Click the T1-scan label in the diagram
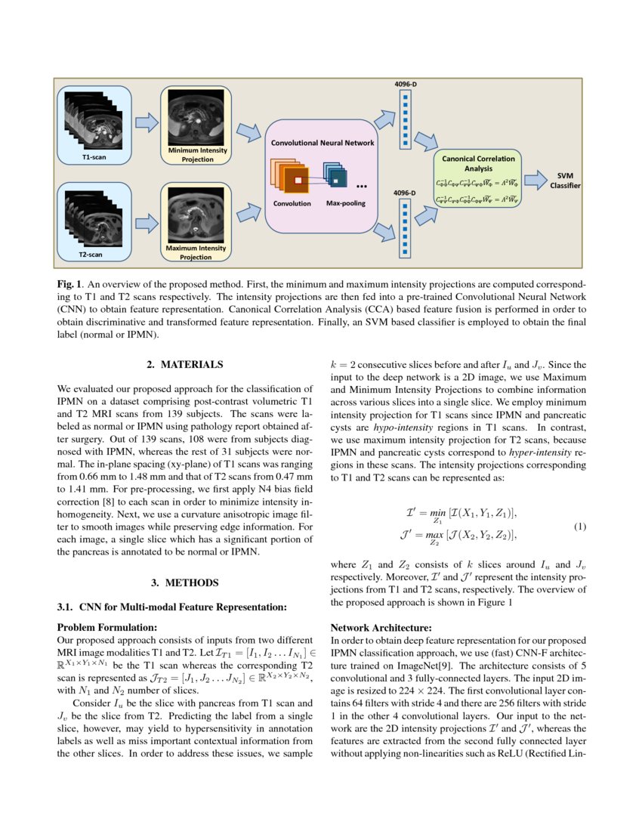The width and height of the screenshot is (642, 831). [x=94, y=157]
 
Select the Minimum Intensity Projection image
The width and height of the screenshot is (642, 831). [x=196, y=118]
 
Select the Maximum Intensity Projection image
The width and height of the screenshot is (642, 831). [x=196, y=214]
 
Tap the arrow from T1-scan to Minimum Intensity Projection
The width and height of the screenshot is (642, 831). [x=146, y=122]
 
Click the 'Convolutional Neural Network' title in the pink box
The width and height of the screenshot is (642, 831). [x=323, y=142]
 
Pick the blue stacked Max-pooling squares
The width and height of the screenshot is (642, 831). [x=335, y=176]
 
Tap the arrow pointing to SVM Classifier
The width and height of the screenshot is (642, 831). [x=536, y=181]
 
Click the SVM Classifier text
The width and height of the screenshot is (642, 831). [x=565, y=181]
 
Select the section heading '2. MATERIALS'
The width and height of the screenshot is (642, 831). [x=185, y=365]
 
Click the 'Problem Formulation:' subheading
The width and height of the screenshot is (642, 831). [x=108, y=627]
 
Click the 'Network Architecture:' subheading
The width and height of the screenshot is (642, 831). [x=381, y=627]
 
